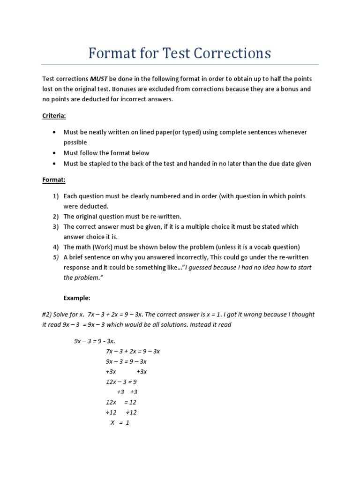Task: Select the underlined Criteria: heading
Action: coord(54,115)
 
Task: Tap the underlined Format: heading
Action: coord(53,179)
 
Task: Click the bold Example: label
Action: coord(77,298)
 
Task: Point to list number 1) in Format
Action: coord(55,196)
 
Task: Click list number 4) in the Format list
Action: coord(55,247)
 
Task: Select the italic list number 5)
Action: coord(55,257)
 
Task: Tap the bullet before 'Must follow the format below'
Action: coord(55,153)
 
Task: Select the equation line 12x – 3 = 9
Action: coord(121,382)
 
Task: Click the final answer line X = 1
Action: coord(120,422)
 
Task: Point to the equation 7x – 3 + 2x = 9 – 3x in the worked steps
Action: coord(133,351)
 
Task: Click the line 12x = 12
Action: coord(121,402)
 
